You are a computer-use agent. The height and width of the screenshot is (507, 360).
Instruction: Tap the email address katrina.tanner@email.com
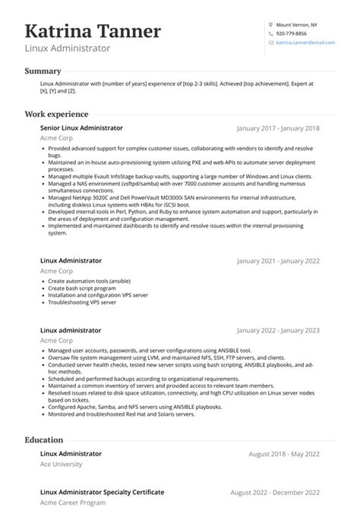point(305,43)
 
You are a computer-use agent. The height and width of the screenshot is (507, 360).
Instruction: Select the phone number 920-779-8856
point(292,33)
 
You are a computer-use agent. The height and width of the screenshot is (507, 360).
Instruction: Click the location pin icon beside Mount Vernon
point(270,24)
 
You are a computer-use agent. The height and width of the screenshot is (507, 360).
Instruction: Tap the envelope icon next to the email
point(270,43)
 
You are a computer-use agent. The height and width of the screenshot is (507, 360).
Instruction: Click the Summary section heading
point(43,71)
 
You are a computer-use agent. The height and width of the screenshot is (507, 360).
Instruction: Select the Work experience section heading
point(56,115)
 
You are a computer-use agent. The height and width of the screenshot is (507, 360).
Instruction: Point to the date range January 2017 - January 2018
point(278,129)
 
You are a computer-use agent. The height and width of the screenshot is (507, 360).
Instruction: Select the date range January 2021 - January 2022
point(278,261)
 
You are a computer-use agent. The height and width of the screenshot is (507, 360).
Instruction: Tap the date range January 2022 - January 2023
point(278,310)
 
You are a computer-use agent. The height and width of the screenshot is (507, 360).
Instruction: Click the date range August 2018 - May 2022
point(284,454)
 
